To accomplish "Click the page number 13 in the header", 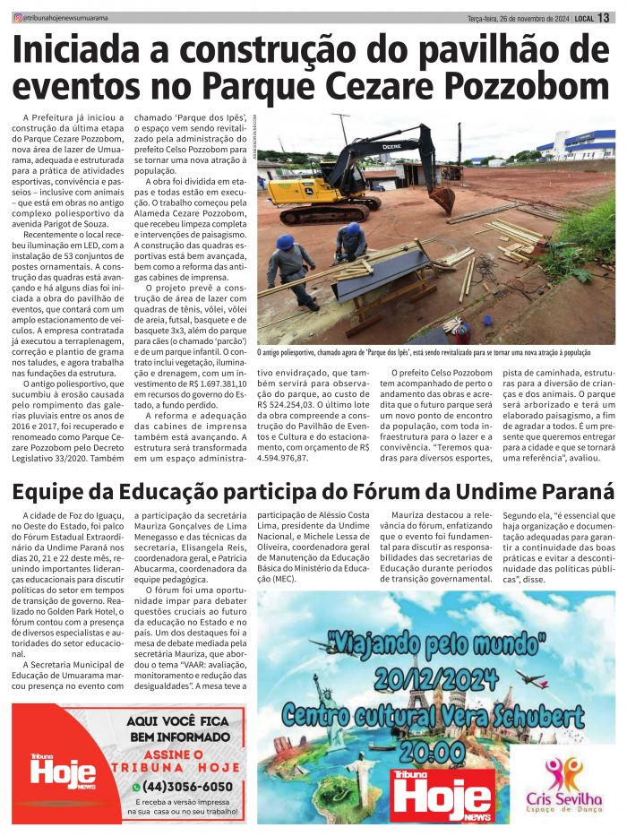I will [x=605, y=18].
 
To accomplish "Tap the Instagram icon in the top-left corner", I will [x=17, y=18].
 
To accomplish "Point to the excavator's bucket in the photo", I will [x=442, y=198].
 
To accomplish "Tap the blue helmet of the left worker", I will [x=285, y=242].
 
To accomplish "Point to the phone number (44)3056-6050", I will [x=193, y=787].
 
